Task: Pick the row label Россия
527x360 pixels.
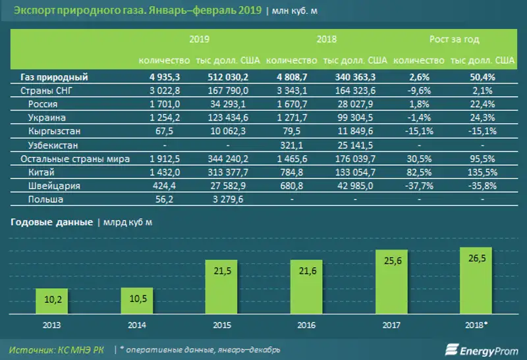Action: click(44, 103)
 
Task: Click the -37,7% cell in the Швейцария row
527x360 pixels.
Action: click(416, 186)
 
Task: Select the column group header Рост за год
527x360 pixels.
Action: click(454, 39)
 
